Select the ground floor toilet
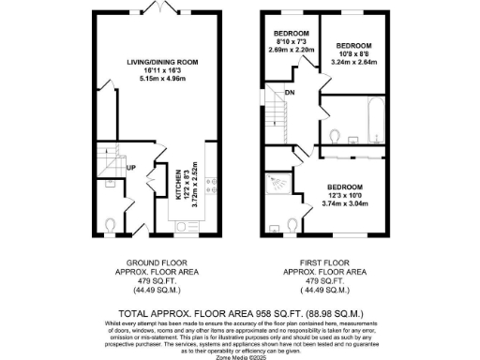pyautogui.click(x=111, y=225)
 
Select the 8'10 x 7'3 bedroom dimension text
pyautogui.click(x=288, y=42)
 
